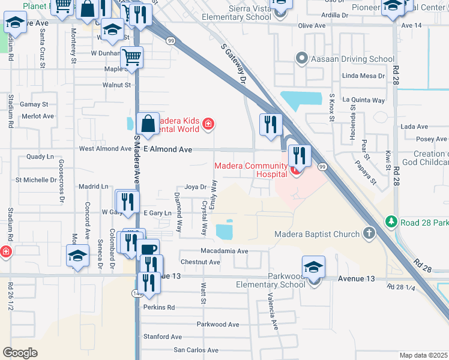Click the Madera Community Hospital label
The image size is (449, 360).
point(252,170)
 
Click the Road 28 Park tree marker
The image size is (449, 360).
point(392,222)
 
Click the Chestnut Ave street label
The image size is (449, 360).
point(200,262)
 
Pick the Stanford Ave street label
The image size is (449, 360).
point(162,337)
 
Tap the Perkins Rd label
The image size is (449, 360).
point(158,307)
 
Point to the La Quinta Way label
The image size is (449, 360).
point(364,100)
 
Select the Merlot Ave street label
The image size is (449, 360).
point(37,116)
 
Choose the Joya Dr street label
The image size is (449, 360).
point(195,187)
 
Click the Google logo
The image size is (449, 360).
point(20,353)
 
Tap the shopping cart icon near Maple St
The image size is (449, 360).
point(131,58)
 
